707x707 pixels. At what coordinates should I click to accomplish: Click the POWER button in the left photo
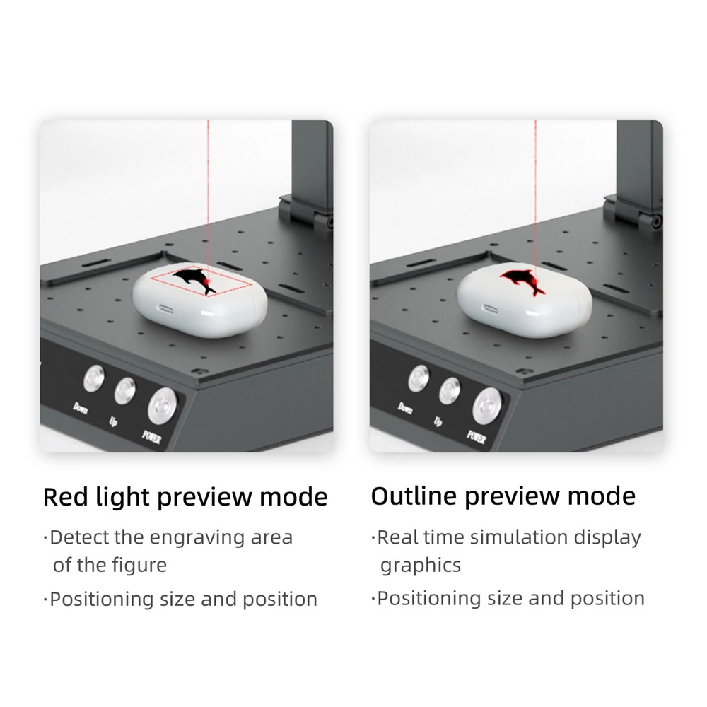(163, 405)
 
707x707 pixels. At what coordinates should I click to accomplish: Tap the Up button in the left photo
(125, 390)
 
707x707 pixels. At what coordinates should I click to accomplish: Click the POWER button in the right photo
(487, 405)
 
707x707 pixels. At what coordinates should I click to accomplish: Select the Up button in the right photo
(450, 390)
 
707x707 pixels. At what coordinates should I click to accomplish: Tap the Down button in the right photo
(419, 378)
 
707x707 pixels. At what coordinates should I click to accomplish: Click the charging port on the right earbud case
(490, 310)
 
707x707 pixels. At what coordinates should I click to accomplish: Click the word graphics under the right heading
(420, 566)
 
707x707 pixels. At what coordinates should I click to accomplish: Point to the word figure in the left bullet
(139, 566)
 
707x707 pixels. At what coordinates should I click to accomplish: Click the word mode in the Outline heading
(601, 496)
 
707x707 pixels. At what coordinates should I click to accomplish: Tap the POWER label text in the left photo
(151, 436)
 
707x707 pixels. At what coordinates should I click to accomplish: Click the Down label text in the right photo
(404, 409)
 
